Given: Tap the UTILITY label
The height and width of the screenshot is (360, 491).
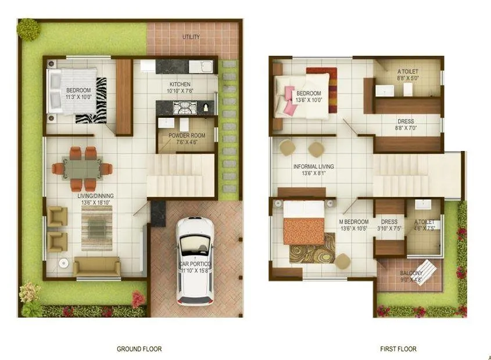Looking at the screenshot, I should click(x=191, y=37).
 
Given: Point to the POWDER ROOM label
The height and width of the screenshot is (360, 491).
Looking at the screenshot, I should click(x=184, y=136).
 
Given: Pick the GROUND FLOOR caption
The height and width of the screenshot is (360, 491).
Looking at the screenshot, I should click(x=139, y=349).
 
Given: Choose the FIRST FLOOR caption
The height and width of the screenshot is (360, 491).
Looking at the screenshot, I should click(x=398, y=349).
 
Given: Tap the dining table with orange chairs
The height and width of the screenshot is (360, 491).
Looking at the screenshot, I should click(x=82, y=168).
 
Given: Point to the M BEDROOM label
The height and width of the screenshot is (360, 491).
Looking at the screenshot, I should click(x=354, y=222).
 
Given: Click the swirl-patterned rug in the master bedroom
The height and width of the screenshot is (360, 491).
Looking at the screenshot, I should click(x=312, y=249).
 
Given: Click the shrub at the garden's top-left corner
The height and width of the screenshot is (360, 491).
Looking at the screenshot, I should click(x=28, y=29).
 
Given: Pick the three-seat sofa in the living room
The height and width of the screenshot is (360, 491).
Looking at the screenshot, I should click(x=96, y=266).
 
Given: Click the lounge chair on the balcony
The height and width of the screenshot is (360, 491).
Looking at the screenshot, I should click(x=428, y=269).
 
